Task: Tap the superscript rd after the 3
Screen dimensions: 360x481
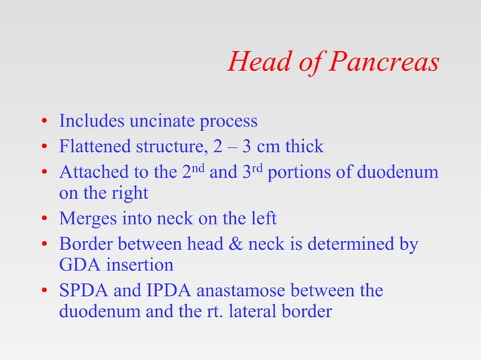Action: click(x=256, y=166)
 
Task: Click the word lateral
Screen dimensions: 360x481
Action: click(x=253, y=310)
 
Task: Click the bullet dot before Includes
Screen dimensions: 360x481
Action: click(x=46, y=121)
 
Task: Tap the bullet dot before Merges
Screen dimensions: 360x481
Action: click(x=46, y=220)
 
